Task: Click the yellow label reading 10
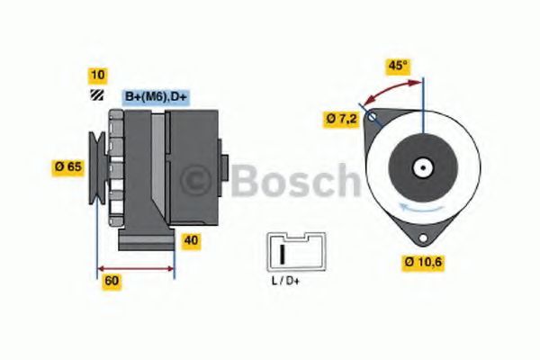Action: [98, 76]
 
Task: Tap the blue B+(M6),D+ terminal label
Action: [156, 96]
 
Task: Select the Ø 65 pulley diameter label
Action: [68, 167]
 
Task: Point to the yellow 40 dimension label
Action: [191, 240]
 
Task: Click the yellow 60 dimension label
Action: [112, 281]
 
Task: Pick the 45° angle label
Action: [398, 66]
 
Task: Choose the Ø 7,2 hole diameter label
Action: [342, 119]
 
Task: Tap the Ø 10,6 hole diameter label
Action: [423, 263]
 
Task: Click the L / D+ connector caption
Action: [285, 281]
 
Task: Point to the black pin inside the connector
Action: [283, 254]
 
